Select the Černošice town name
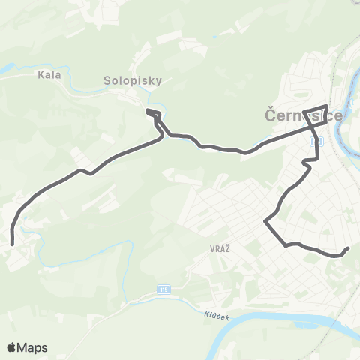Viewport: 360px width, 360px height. tap(304, 116)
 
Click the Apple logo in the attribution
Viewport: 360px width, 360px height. tap(12, 347)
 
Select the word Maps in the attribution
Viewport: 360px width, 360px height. tap(34, 347)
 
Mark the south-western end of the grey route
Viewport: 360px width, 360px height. tap(13, 242)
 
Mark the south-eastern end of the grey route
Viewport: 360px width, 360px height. tap(349, 249)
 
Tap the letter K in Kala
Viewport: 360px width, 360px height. tap(39, 75)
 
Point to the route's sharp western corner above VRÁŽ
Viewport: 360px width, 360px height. tap(265, 220)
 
